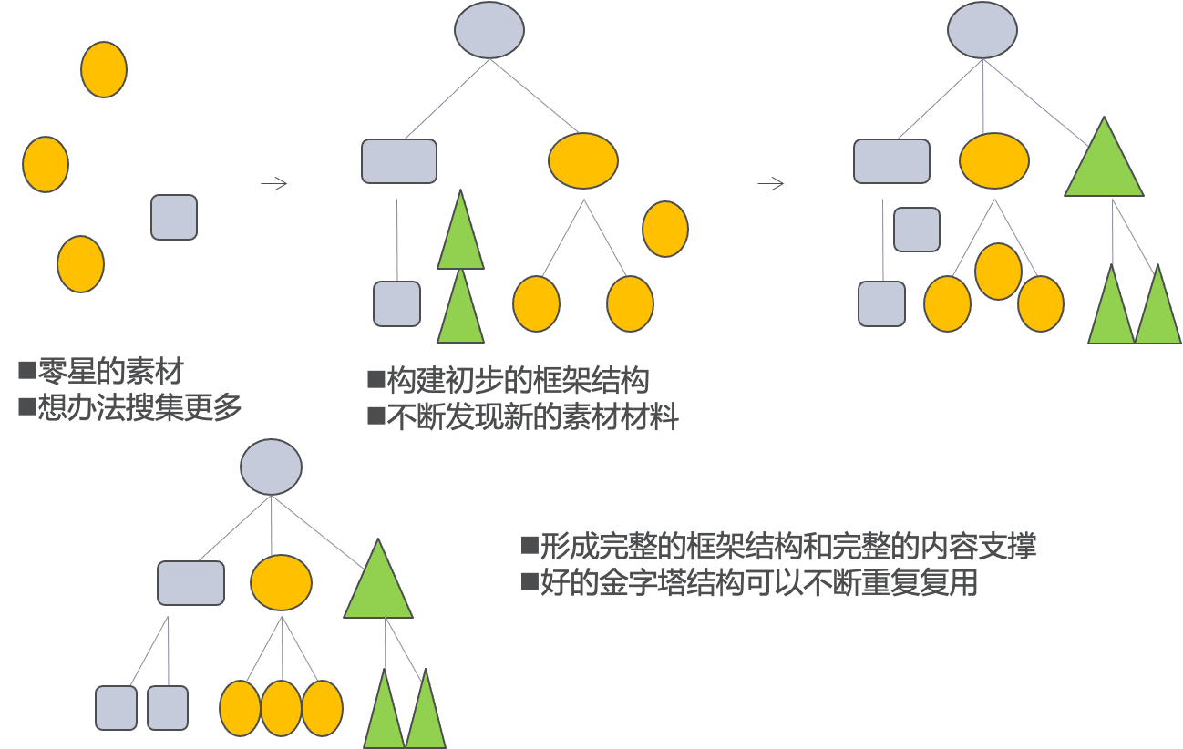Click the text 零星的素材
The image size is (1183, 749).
tap(110, 372)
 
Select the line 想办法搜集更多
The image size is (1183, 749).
tap(139, 407)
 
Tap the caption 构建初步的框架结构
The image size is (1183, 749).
tap(518, 381)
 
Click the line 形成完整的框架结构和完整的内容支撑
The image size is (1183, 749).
tap(787, 547)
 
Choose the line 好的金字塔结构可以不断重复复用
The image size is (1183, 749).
tap(758, 582)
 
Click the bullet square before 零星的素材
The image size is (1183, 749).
tap(26, 371)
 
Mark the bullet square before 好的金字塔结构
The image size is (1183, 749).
tap(529, 581)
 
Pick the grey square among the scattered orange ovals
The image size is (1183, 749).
tap(174, 218)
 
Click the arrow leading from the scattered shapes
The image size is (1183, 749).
tap(274, 184)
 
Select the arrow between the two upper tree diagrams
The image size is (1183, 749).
tap(771, 184)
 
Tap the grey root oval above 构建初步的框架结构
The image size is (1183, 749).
tap(489, 30)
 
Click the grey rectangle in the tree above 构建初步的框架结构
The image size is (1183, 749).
tap(399, 161)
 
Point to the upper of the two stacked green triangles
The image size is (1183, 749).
tap(460, 232)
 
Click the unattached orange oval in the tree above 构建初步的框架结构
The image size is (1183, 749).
tap(665, 229)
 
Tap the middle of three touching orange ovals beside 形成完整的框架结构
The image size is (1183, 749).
tap(281, 708)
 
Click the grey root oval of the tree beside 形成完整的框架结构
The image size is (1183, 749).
tap(271, 467)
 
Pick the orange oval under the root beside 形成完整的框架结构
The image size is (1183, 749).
tap(282, 583)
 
